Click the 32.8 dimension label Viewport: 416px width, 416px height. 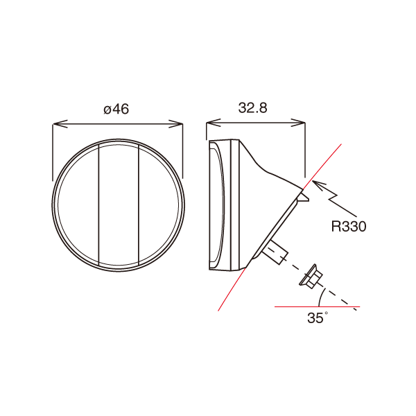[253, 108]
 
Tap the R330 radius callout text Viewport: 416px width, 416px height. [348, 226]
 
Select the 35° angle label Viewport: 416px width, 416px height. [317, 319]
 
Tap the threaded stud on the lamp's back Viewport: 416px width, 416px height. [275, 252]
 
